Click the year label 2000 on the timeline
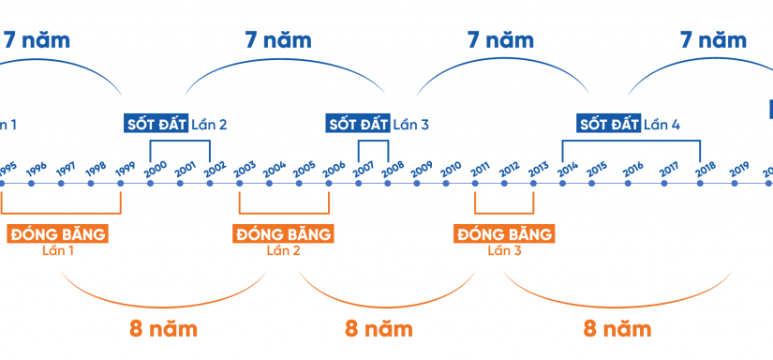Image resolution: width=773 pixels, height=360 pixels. [156, 167]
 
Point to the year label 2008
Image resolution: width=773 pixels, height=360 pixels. [393, 167]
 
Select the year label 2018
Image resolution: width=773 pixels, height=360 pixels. [706, 167]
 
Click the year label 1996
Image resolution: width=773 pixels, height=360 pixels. [37, 168]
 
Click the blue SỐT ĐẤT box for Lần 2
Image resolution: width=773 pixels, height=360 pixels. [156, 124]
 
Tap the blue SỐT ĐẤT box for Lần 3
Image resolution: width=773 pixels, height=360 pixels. [357, 124]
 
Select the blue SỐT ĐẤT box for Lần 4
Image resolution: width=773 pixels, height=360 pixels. [607, 124]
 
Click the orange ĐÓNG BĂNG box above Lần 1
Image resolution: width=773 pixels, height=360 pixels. [57, 233]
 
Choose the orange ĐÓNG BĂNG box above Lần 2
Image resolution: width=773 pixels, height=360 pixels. [283, 233]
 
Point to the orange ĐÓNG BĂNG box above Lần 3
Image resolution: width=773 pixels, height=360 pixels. [503, 233]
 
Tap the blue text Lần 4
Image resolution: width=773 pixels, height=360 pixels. [662, 124]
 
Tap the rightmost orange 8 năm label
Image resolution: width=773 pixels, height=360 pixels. [617, 329]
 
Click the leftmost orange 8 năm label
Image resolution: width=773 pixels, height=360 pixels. [164, 329]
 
